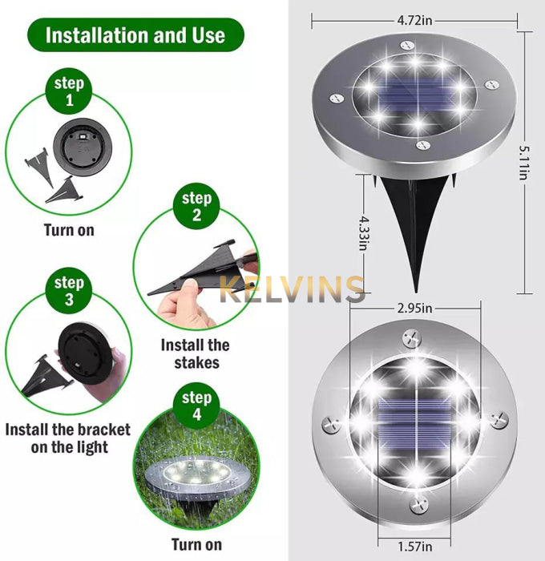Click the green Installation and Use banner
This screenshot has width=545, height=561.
[x=135, y=35]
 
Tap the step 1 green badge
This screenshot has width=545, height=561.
[x=69, y=91]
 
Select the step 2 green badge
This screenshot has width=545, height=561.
[x=196, y=206]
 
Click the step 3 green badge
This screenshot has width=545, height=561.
[x=69, y=290]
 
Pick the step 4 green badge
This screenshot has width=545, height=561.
[x=196, y=406]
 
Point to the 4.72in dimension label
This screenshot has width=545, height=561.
[x=414, y=20]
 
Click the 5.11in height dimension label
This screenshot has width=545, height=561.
[x=525, y=162]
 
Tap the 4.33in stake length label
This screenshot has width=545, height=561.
[x=365, y=233]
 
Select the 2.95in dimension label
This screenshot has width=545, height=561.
[x=414, y=308]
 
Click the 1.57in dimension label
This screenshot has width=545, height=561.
[x=414, y=547]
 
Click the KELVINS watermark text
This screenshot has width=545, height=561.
[x=292, y=289]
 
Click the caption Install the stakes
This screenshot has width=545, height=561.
[x=196, y=354]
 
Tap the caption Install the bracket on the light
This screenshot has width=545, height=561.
[x=68, y=438]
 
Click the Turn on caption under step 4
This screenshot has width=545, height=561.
[x=196, y=544]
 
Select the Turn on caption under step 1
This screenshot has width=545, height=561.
[x=69, y=230]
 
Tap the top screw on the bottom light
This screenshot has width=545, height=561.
[x=411, y=337]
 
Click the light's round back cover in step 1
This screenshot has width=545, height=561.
[x=83, y=147]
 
